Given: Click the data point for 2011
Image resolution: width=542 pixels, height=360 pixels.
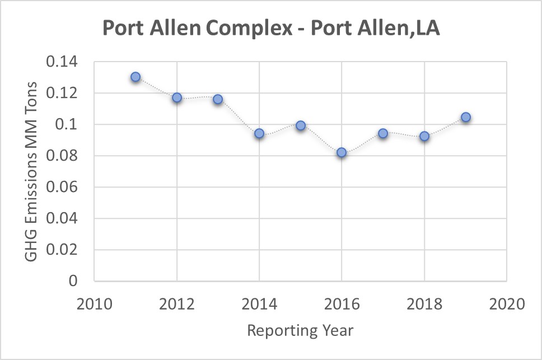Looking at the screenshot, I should click(135, 77).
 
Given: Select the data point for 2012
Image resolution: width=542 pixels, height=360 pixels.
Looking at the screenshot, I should click(177, 97).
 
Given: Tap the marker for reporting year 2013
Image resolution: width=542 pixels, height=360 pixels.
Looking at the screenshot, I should click(218, 99).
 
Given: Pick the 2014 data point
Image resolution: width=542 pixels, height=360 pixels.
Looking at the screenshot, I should click(259, 133).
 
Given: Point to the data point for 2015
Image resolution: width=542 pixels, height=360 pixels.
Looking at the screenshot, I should click(301, 125).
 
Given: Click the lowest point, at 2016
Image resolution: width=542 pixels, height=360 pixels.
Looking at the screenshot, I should click(342, 152).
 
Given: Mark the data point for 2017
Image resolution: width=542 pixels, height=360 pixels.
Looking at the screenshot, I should click(383, 133).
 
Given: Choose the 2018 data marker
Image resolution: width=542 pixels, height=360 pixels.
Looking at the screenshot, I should click(424, 136).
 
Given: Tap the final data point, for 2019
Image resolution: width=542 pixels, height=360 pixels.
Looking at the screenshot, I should click(465, 117).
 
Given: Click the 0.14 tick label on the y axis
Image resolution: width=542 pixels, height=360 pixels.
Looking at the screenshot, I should click(63, 62).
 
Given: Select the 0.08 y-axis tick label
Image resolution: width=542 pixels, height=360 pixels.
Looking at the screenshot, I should click(63, 156).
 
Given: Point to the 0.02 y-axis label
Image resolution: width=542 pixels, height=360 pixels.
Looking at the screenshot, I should click(63, 250).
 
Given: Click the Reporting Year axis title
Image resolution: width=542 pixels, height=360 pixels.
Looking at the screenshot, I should click(301, 330).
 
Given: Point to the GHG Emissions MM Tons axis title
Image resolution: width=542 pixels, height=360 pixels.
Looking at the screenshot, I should click(32, 171).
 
